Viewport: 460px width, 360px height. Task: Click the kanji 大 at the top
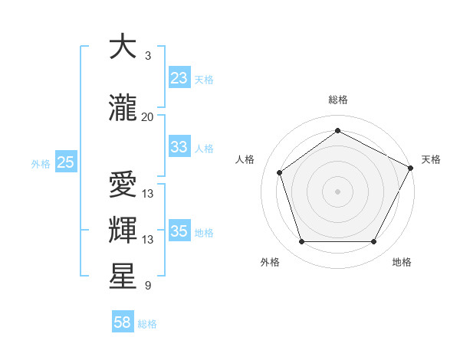pos(123,47)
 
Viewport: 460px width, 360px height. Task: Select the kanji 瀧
pos(123,108)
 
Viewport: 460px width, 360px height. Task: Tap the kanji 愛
pos(123,185)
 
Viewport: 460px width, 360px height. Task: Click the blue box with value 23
pos(179,78)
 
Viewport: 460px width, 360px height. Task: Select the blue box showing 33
pos(179,147)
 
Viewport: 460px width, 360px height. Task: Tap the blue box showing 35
pos(179,231)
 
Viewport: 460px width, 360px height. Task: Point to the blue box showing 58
pos(123,322)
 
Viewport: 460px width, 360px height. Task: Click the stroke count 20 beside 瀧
pos(148,116)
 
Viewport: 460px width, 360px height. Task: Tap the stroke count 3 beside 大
pos(148,56)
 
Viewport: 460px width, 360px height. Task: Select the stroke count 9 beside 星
pos(148,286)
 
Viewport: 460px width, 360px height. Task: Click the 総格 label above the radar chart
pos(337,100)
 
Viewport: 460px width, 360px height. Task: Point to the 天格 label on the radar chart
pos(431,159)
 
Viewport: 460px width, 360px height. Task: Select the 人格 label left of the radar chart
pos(245,159)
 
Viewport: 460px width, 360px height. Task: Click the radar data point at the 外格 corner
pos(301,241)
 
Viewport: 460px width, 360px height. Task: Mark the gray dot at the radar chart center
pos(337,191)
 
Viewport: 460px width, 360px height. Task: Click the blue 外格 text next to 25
pos(41,163)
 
